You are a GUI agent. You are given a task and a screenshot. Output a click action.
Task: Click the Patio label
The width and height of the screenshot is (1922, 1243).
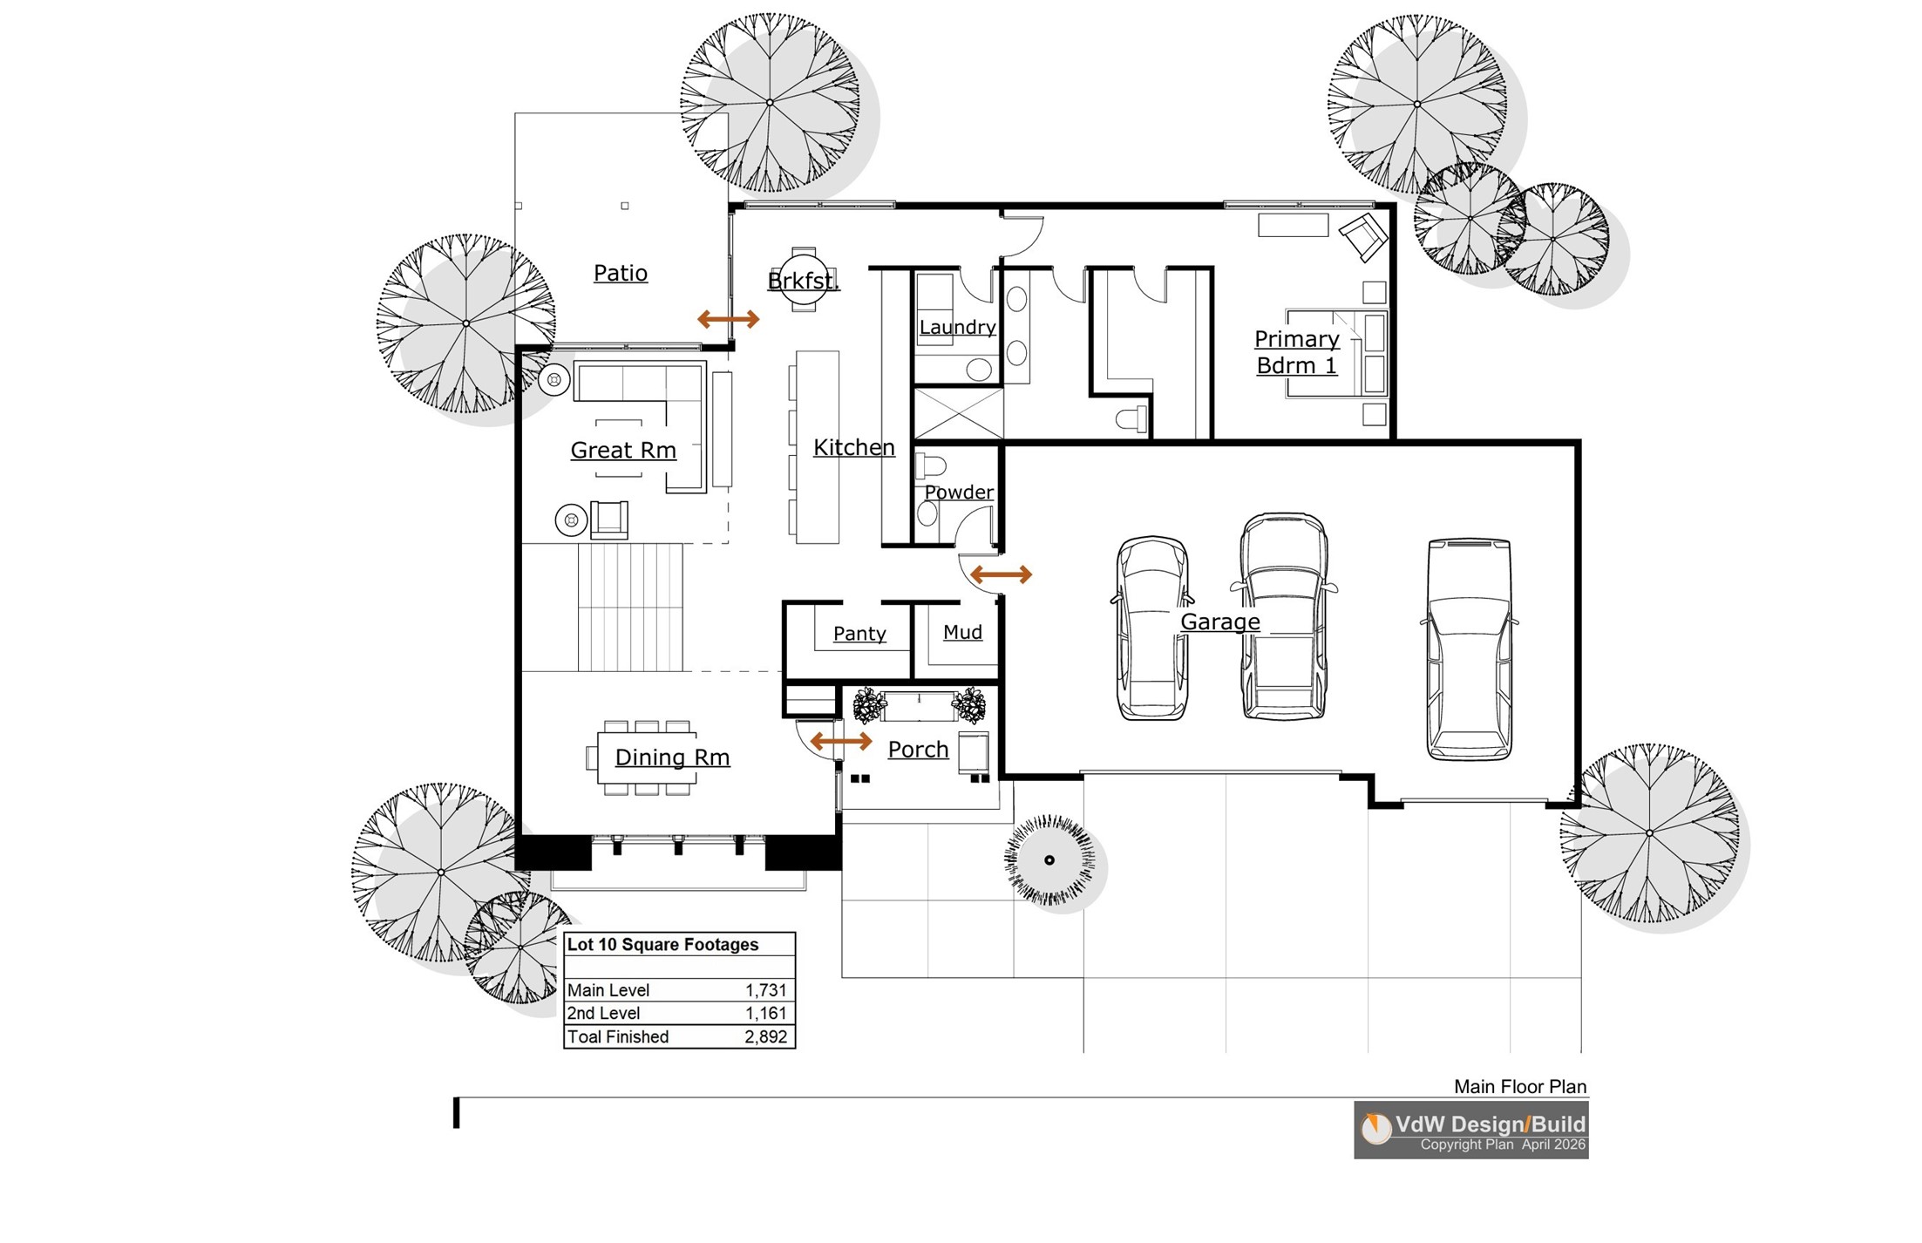coord(621,273)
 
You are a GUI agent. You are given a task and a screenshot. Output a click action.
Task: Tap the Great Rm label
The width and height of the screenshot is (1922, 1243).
coord(623,450)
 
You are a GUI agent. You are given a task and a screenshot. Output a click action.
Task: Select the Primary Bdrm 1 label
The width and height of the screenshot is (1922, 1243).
coord(1297,352)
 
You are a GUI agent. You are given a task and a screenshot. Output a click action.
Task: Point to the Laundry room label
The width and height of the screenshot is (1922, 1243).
coord(957,327)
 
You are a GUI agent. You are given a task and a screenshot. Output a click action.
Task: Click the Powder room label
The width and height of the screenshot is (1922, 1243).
coord(959,492)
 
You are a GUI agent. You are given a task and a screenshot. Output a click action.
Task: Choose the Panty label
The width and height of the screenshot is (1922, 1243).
coord(859,634)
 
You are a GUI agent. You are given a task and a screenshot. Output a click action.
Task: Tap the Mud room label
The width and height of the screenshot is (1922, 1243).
coord(962,632)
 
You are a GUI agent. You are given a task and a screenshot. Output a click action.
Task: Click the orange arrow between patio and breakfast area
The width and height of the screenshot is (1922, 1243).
coord(729,319)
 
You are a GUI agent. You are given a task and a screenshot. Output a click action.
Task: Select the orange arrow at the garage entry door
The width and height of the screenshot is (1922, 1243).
coord(1001,574)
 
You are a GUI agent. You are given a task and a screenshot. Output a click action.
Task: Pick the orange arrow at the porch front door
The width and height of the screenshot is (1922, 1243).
coord(841,741)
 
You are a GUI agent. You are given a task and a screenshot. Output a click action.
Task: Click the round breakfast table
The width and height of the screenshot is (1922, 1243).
coord(804,279)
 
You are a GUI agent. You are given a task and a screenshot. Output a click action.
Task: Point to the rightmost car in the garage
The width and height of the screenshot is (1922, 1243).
coord(1469,649)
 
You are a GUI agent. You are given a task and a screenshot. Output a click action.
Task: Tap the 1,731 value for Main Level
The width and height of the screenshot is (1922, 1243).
coord(766,990)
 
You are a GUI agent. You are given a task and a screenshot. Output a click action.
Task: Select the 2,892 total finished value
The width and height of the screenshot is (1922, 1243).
coord(766,1036)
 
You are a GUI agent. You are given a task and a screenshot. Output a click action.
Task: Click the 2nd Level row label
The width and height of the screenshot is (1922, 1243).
coord(603,1013)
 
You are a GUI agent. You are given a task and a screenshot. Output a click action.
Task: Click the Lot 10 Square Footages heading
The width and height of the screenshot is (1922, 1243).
coord(662,944)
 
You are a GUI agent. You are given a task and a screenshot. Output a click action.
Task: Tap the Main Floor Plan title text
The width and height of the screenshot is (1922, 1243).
coord(1520,1086)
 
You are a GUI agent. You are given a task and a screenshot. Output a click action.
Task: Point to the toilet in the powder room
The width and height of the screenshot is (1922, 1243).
coord(931,466)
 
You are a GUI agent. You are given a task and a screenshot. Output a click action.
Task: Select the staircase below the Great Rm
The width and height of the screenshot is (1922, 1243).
coord(630,608)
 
